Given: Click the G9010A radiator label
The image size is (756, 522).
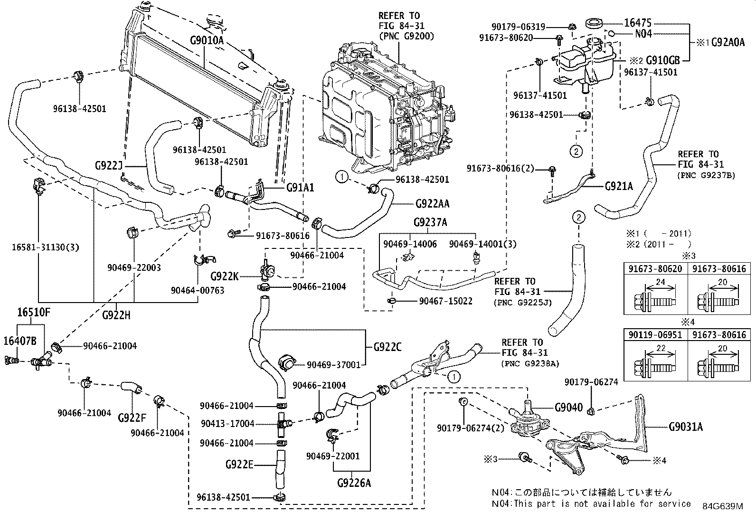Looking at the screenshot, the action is (x=207, y=40).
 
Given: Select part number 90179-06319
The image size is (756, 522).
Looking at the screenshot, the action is (x=518, y=27).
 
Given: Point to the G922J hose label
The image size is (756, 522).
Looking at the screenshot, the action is (x=109, y=166).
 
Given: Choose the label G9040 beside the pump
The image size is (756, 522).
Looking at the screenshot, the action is (x=569, y=408).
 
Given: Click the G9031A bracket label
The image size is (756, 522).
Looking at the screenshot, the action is (x=686, y=427).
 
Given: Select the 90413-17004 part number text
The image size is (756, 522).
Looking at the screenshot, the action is (x=227, y=423).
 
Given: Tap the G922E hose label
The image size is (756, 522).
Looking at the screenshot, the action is (x=239, y=465).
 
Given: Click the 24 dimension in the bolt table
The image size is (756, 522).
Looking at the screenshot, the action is (x=660, y=282).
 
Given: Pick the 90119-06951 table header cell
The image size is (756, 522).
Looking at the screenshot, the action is (x=655, y=334).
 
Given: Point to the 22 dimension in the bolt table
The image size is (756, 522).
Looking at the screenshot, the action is (x=661, y=348).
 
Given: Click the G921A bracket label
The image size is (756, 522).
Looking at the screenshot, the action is (x=619, y=186).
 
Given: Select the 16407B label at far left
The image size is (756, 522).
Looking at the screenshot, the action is (x=20, y=341).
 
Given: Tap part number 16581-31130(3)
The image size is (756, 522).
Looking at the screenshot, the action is (x=46, y=247).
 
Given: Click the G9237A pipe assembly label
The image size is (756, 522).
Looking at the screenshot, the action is (x=430, y=222).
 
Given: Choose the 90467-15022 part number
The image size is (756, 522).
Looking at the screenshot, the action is (x=445, y=301).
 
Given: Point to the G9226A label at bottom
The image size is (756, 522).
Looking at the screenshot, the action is (x=354, y=483).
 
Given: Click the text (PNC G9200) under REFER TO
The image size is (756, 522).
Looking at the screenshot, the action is (x=406, y=36).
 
